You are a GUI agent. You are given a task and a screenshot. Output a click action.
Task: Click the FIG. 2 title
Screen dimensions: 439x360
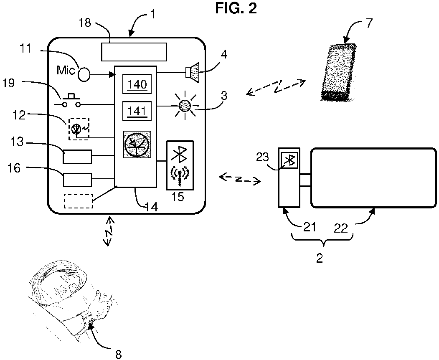(x=236, y=8)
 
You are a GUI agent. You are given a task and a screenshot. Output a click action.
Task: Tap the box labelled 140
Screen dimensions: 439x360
(x=137, y=84)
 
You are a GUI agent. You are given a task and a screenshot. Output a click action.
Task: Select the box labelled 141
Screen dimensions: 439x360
(x=137, y=111)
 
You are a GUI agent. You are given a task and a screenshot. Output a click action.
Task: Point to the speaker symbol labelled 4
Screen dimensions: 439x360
(x=192, y=73)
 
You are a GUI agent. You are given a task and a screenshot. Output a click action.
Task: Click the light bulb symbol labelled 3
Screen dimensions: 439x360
(x=185, y=106)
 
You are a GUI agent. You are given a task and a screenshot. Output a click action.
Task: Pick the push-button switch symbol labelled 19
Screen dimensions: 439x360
(x=71, y=101)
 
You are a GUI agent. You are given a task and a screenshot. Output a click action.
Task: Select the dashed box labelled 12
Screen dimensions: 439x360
(x=79, y=129)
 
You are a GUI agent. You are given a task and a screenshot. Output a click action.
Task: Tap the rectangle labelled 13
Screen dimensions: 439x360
(x=77, y=157)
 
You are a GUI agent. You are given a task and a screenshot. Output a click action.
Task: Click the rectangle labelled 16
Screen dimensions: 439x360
(x=77, y=180)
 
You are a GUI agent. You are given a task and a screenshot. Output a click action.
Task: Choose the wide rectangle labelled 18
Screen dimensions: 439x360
(x=134, y=52)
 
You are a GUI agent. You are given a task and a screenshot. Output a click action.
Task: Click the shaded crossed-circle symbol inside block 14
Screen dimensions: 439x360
(x=137, y=144)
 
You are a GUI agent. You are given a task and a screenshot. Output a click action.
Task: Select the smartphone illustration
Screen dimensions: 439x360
(x=339, y=72)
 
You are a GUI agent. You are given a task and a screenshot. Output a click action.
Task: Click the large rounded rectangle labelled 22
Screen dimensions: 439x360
(x=373, y=178)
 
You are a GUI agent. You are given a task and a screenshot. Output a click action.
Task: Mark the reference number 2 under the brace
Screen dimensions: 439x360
(x=320, y=258)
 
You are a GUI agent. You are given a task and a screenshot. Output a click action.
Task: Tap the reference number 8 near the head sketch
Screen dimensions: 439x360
(x=119, y=355)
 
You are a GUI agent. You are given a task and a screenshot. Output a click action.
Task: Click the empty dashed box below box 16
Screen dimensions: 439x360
(x=78, y=201)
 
